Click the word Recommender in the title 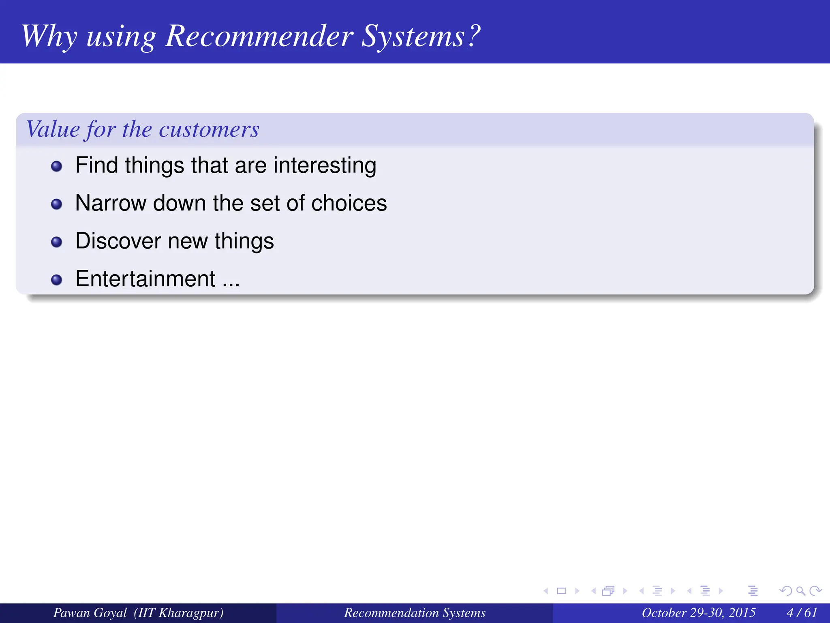point(259,37)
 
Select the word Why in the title point(49,37)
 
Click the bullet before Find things point(57,166)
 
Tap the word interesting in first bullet point(325,165)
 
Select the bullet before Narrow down point(57,204)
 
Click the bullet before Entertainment point(57,280)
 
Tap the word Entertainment point(145,279)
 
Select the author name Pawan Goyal point(90,612)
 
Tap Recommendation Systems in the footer point(415,612)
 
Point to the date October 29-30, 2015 point(698,612)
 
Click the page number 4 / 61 point(802,612)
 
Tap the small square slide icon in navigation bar point(561,591)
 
